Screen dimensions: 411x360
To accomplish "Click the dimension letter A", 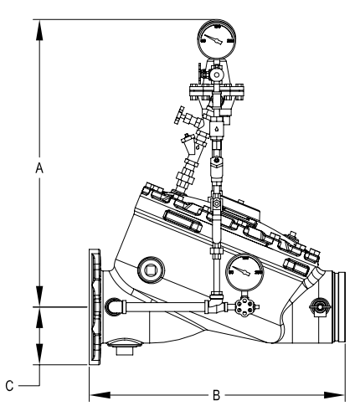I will point(39,167).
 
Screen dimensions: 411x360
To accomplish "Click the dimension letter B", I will point(216,393).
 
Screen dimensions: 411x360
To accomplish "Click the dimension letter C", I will point(8,386).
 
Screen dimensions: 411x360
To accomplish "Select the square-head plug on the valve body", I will point(151,268).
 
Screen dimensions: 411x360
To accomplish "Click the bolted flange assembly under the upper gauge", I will point(216,89).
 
